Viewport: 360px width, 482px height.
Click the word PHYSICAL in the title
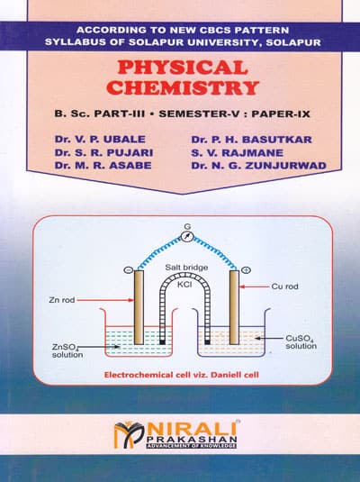tap(183, 68)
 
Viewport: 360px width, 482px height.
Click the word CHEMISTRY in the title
tap(183, 87)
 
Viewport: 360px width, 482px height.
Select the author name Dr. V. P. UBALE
tap(100, 140)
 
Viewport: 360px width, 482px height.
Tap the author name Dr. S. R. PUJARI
tap(103, 152)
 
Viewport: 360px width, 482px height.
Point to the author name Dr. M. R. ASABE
tap(103, 166)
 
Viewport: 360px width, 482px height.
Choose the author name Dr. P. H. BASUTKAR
tap(252, 140)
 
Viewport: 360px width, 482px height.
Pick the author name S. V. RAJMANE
tap(237, 153)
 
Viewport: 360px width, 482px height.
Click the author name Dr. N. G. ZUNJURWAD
tap(259, 166)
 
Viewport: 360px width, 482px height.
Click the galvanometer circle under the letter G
tap(187, 237)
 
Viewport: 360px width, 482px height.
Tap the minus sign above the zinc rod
tap(128, 270)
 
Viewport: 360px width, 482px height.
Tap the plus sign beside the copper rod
tap(246, 270)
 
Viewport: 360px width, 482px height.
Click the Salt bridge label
tap(186, 268)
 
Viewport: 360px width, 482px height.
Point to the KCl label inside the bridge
tap(184, 285)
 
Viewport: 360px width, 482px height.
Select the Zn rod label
tap(62, 300)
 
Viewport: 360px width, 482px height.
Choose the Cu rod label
tap(284, 286)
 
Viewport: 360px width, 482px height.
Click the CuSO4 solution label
tap(301, 342)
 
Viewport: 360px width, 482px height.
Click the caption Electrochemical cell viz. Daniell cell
tap(182, 375)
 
